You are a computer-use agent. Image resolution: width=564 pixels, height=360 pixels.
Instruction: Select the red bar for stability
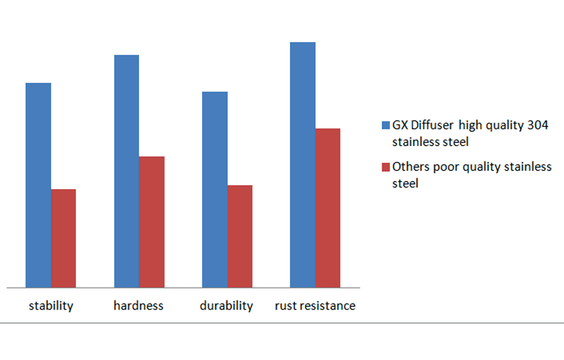click(x=63, y=238)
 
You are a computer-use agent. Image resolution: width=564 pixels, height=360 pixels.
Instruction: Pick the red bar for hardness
click(x=152, y=222)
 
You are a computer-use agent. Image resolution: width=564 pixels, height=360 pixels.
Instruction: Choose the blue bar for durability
click(x=215, y=190)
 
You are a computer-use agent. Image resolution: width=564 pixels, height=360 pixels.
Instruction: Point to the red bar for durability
click(x=240, y=236)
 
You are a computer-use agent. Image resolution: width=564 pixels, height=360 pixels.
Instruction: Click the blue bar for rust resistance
click(x=303, y=165)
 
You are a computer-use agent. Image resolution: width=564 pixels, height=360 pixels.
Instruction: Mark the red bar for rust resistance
click(x=328, y=208)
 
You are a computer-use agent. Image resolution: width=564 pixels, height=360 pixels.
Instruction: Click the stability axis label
click(x=51, y=306)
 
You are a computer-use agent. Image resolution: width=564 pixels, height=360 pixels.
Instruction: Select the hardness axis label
click(x=138, y=306)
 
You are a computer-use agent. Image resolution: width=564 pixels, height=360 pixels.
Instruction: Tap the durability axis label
click(x=226, y=306)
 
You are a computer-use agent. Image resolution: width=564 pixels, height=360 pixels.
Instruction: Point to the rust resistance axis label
click(x=315, y=306)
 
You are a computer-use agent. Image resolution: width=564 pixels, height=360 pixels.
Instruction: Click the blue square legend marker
click(x=386, y=125)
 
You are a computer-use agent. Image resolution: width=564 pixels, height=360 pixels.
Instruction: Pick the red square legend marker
click(x=386, y=167)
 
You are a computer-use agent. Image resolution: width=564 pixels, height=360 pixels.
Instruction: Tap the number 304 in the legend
click(x=537, y=125)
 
